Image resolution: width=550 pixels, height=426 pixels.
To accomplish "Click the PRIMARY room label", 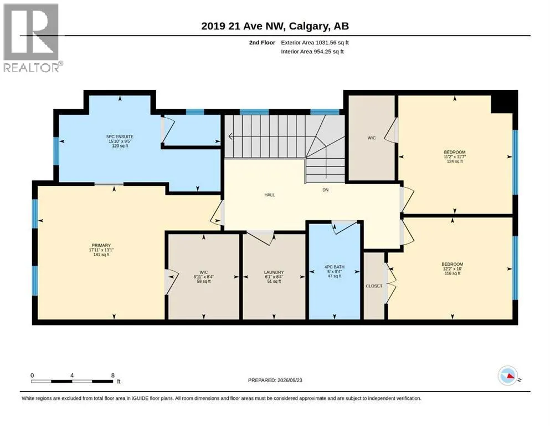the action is click(x=101, y=246).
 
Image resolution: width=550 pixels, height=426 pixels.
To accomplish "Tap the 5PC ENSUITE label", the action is click(x=120, y=136).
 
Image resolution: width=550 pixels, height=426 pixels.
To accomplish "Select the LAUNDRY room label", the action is click(x=274, y=272).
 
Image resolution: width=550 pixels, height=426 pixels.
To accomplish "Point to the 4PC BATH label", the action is click(x=335, y=267).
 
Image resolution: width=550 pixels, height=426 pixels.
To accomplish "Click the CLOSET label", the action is click(x=374, y=286).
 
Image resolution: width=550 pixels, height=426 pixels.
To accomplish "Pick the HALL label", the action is click(x=270, y=195).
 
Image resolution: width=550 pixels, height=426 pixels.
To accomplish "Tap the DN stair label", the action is click(x=326, y=190).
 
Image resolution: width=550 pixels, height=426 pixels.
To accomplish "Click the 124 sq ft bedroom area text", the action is click(x=455, y=161).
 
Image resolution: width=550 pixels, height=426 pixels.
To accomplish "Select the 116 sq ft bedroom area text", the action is click(x=453, y=273).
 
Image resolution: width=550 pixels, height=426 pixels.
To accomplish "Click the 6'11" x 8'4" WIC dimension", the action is click(x=204, y=277).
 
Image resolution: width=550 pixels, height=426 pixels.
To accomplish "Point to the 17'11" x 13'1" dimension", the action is click(x=101, y=250).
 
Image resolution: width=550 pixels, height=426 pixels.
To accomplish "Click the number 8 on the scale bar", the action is click(x=113, y=375).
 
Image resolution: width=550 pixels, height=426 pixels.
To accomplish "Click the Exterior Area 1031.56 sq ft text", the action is click(x=315, y=43).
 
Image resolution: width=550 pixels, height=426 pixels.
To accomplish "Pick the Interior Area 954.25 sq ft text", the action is click(x=312, y=52).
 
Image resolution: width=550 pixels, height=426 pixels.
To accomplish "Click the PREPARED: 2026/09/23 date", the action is click(x=275, y=380).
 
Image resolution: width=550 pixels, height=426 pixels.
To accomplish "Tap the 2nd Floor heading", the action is click(x=262, y=43).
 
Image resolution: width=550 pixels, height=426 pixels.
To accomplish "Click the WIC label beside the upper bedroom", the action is click(x=372, y=138).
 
